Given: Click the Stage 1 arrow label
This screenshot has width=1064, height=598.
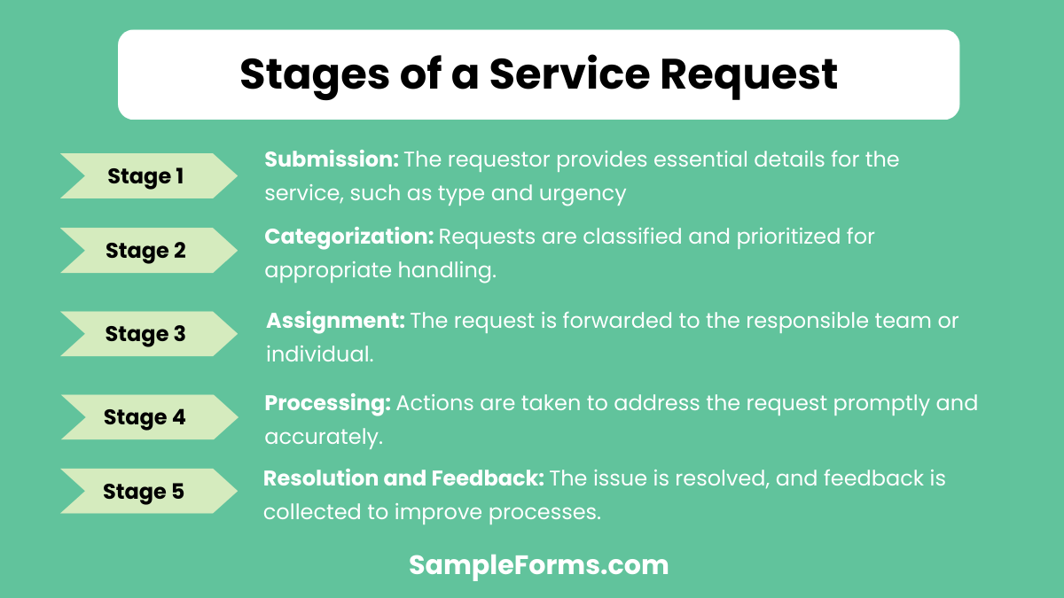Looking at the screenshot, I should (x=145, y=176).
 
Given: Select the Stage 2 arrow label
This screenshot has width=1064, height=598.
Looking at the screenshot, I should (x=145, y=251).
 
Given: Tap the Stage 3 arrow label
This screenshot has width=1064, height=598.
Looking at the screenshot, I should (x=145, y=334).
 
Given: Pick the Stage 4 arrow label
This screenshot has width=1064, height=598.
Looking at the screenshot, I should (x=145, y=417).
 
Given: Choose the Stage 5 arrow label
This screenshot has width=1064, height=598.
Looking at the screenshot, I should (x=144, y=492).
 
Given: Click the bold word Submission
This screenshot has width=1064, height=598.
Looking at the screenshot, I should (x=332, y=159).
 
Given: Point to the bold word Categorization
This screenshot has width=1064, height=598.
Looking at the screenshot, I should (x=348, y=237).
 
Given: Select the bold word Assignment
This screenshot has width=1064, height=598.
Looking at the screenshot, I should (x=335, y=321).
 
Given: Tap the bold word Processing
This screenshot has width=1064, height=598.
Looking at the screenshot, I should (x=327, y=403).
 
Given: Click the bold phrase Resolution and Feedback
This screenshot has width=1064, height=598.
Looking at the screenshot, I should (x=403, y=478).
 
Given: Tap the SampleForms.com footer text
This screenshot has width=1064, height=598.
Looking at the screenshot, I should (x=538, y=565).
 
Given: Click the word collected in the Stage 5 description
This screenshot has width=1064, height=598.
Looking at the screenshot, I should (x=311, y=512).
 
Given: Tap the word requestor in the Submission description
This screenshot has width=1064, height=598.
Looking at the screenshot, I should (x=497, y=159).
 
